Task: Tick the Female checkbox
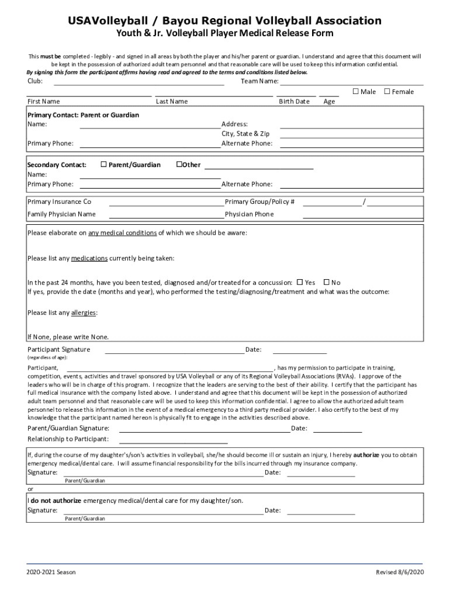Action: [387, 92]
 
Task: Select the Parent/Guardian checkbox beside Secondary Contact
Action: [103, 165]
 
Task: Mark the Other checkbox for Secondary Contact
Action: [179, 165]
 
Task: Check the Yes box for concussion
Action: [300, 282]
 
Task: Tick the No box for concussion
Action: [327, 282]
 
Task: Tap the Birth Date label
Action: [294, 102]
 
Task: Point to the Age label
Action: [329, 102]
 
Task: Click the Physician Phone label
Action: [249, 214]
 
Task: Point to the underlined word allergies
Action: [84, 312]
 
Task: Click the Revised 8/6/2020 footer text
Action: [399, 572]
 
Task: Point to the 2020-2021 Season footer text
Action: [51, 572]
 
